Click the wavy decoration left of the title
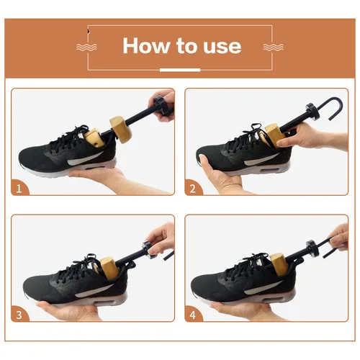tap(86, 47)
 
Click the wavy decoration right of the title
tap(273, 47)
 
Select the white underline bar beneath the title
tap(179, 70)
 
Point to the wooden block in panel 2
tap(274, 135)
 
